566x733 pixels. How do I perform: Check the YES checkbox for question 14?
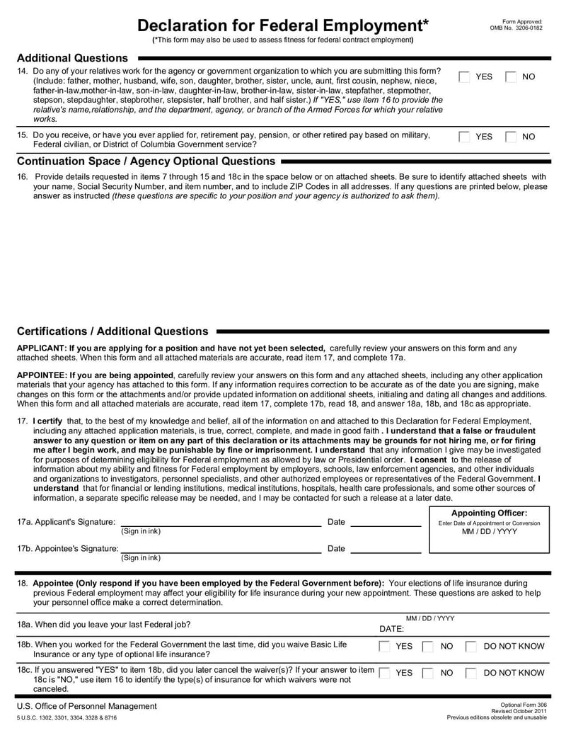[x=465, y=76]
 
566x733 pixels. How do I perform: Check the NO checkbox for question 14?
[x=511, y=76]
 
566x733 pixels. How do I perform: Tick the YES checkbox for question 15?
[x=465, y=137]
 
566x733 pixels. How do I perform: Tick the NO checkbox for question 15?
[x=511, y=137]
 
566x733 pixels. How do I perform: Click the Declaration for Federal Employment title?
[x=283, y=25]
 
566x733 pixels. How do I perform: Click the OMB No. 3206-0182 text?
[x=516, y=28]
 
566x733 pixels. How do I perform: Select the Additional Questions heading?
[x=72, y=58]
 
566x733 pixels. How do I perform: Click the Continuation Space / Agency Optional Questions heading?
[x=146, y=161]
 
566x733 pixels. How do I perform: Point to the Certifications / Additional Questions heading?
[x=112, y=331]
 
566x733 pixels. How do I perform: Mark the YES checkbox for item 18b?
[x=384, y=647]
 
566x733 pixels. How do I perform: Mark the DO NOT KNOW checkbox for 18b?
[x=470, y=647]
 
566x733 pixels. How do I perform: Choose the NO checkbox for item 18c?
[x=427, y=673]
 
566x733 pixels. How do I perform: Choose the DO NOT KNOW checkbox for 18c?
[x=470, y=673]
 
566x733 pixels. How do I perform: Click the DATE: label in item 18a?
[x=392, y=629]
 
